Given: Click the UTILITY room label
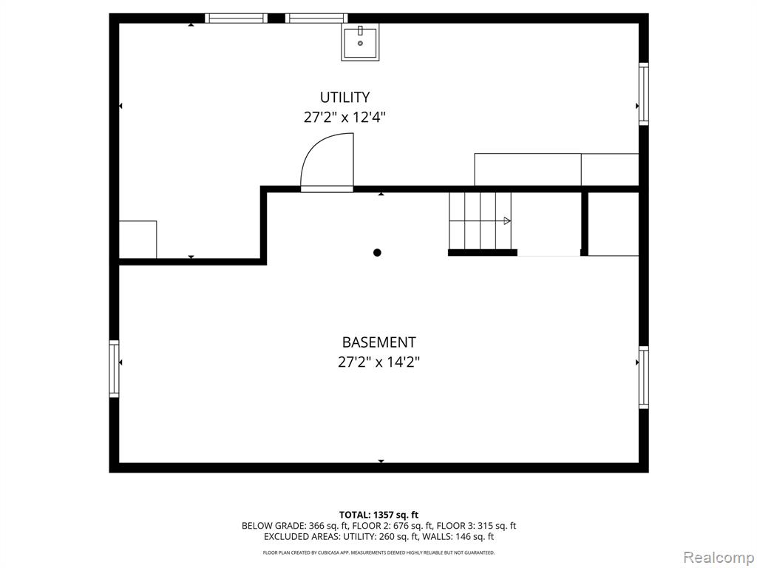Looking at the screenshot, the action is tap(344, 98).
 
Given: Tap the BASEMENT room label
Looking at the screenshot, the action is tap(378, 342).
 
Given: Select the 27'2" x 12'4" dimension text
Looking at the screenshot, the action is tap(344, 118).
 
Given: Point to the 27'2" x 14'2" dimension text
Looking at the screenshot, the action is tap(378, 362).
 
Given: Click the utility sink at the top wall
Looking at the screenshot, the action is tap(360, 42).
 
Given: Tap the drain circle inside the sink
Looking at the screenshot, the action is tap(360, 44).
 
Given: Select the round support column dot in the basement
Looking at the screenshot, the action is tap(377, 253).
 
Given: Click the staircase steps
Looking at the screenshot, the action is tap(480, 220).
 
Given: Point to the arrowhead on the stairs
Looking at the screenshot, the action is tap(507, 220).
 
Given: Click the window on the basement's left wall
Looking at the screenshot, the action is tap(114, 369).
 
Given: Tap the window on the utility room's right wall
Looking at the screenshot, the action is tap(644, 94).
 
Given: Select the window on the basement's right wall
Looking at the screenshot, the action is tap(644, 377).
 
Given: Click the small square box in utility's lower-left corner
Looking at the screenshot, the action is tap(138, 240).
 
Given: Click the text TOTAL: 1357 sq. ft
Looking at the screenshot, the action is tap(378, 515).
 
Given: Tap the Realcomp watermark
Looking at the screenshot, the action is tap(719, 558).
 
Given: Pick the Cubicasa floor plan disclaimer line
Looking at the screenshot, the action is tap(378, 552).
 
